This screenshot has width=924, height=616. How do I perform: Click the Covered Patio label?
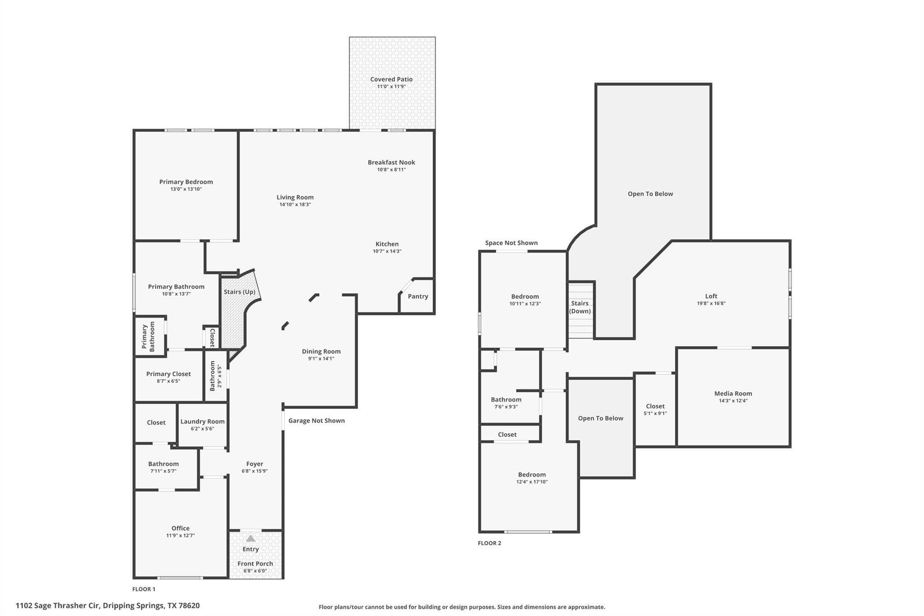point(391,79)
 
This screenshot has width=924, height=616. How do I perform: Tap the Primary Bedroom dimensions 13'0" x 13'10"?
point(186,189)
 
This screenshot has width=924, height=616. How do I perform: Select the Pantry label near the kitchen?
point(418,296)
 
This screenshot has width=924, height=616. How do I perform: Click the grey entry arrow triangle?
point(250,538)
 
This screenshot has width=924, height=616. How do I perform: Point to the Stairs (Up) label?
point(240,292)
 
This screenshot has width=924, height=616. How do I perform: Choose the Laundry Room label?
point(202,421)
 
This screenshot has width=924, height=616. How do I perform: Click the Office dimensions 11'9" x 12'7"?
point(180,536)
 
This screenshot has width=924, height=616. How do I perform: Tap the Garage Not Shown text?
point(316,421)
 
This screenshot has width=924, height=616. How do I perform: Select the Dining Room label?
point(321,352)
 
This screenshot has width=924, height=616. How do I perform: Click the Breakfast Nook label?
point(391,162)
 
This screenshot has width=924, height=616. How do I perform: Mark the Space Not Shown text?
point(511,243)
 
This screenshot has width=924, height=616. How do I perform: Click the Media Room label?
point(733,394)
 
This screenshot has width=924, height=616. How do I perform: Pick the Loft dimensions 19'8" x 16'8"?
point(711,304)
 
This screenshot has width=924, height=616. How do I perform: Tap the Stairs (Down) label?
point(580,307)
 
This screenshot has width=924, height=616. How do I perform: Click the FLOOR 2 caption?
point(489,543)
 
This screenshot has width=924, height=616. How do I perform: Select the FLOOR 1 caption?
point(143,589)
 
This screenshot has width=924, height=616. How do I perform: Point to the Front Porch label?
point(255,564)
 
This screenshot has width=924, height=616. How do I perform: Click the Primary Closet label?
point(168,374)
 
